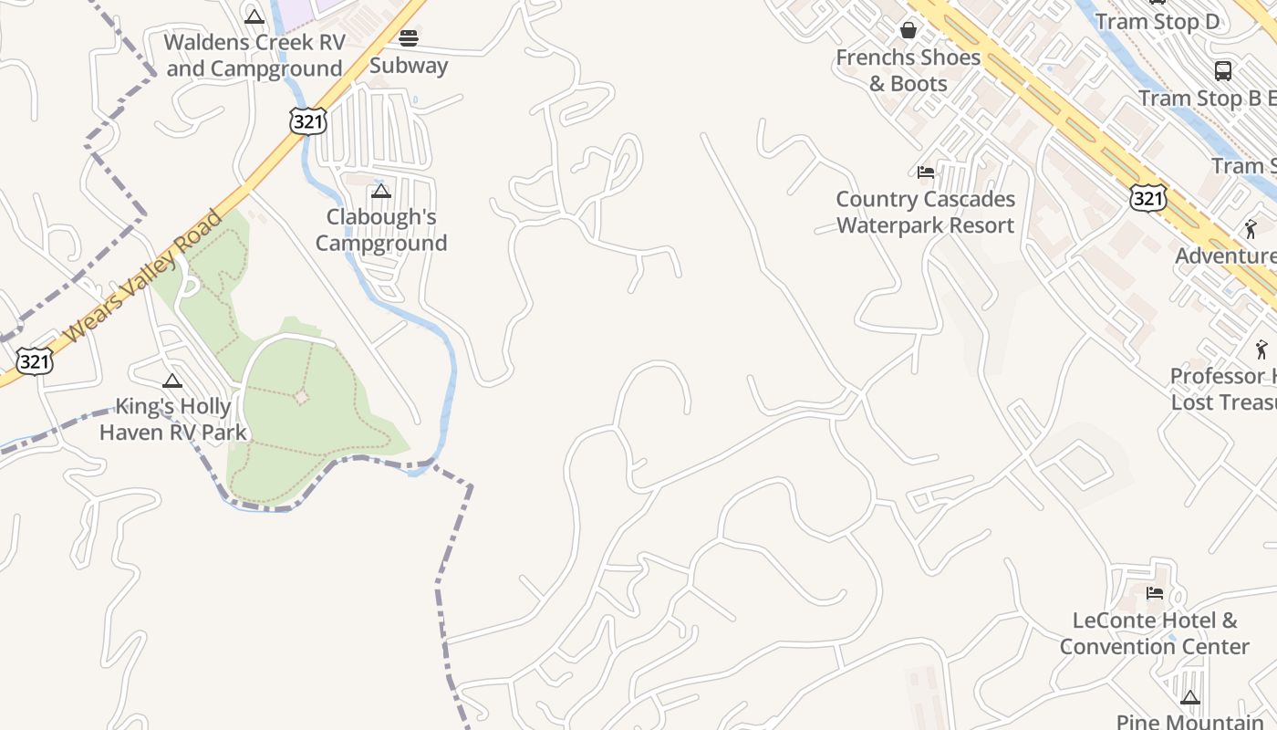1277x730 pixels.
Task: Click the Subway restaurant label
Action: point(409,66)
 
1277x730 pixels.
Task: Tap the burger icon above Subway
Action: point(409,37)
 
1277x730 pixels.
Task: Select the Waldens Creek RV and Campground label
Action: point(254,55)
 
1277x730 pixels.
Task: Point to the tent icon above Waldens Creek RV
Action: point(254,16)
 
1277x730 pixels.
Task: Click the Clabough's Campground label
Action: point(381,230)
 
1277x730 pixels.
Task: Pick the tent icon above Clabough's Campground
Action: point(381,191)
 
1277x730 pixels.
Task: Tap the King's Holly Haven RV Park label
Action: point(173,419)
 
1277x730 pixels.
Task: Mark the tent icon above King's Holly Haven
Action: point(172,381)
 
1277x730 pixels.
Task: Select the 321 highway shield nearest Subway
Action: point(307,121)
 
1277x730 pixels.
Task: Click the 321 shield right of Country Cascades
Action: point(1147,197)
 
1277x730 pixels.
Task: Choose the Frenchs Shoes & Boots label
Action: point(908,70)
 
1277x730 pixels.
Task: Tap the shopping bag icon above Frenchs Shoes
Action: point(908,30)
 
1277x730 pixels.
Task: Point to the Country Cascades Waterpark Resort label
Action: point(925,212)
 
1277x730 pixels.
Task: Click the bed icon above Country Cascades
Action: point(926,172)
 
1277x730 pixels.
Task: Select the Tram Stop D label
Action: point(1157,22)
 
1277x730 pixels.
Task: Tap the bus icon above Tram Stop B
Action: point(1223,70)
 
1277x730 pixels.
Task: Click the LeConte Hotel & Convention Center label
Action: point(1154,633)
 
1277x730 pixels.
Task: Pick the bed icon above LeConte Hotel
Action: point(1155,593)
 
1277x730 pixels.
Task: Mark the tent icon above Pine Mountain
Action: point(1189,698)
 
